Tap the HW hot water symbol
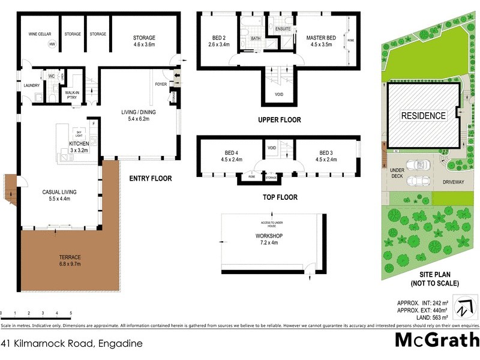(x=52, y=45)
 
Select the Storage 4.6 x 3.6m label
(x=144, y=41)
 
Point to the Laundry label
(x=31, y=86)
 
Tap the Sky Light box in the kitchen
(x=79, y=134)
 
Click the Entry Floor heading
(x=151, y=178)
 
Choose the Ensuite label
(x=283, y=29)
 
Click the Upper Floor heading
(x=279, y=120)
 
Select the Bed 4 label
(x=231, y=156)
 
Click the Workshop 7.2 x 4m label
(x=269, y=239)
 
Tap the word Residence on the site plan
(x=424, y=116)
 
